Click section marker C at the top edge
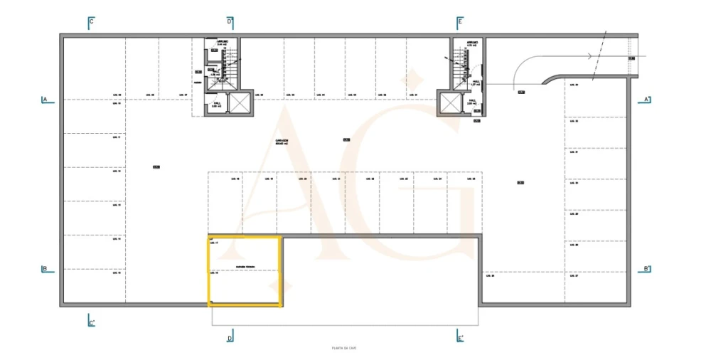pos(91,22)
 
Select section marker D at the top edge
pos(230,22)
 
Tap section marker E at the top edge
pos(460,22)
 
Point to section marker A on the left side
pos(45,100)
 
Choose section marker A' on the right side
pos(646,99)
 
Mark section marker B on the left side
pos(45,269)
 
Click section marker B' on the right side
pos(646,269)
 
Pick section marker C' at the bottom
pos(91,322)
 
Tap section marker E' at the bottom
pos(460,337)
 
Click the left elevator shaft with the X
pos(240,103)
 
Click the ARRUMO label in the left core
pos(222,43)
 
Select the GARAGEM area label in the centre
pos(282,141)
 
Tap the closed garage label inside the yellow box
pos(245,268)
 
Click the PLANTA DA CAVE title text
pos(343,348)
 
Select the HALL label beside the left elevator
pos(214,101)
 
